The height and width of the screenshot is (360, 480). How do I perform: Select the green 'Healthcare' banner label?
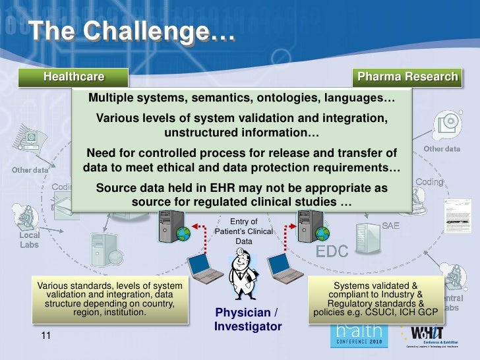click(x=74, y=77)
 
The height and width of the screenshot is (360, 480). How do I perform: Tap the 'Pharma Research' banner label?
click(x=407, y=77)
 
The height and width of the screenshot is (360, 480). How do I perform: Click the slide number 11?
click(x=45, y=336)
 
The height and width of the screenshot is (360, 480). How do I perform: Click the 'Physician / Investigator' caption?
click(x=247, y=319)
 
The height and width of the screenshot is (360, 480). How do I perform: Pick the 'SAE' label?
click(x=391, y=226)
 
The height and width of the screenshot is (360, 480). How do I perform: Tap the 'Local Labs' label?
click(x=29, y=239)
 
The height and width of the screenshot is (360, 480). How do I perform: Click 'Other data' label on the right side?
click(x=442, y=149)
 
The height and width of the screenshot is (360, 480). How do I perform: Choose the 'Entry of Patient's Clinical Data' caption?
click(x=243, y=231)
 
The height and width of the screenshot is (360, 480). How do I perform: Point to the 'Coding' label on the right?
click(x=429, y=181)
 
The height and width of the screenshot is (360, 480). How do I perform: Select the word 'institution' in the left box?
click(x=123, y=312)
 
